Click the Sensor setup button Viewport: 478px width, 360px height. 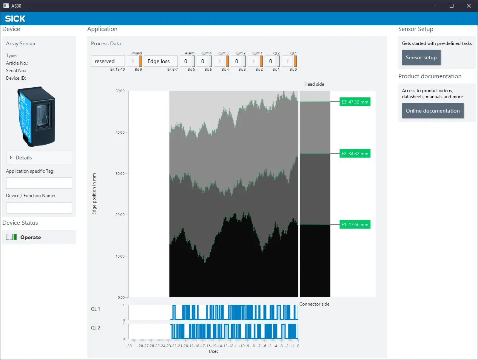(x=421, y=57)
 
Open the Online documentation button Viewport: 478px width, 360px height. (x=433, y=111)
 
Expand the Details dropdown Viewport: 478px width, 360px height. (x=39, y=158)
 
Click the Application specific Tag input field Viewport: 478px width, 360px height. (x=39, y=183)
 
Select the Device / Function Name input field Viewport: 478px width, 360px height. (x=39, y=208)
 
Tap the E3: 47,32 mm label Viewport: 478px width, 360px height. (x=355, y=102)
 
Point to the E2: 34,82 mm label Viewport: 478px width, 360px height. (x=355, y=153)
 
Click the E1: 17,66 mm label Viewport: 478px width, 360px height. (x=355, y=224)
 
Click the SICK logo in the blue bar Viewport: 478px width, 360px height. (x=15, y=19)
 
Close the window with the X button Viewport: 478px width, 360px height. (x=469, y=6)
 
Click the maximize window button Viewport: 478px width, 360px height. (x=452, y=6)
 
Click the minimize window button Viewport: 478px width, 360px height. (x=435, y=6)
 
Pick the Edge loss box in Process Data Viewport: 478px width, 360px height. (x=161, y=61)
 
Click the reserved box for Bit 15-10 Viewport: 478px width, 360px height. (x=108, y=61)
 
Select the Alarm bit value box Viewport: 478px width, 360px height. (x=185, y=61)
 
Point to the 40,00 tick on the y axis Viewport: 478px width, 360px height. (x=120, y=133)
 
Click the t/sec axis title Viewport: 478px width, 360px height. (x=213, y=351)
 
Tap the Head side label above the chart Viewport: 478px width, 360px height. (x=314, y=84)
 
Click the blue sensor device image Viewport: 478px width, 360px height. (x=36, y=116)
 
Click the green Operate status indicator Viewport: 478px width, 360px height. (x=15, y=237)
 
